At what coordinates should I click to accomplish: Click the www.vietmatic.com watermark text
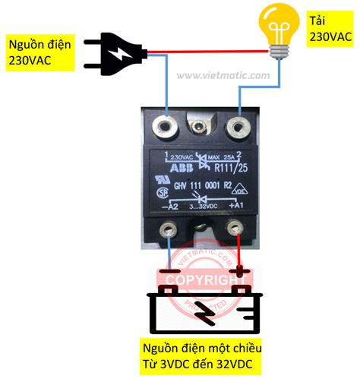(x=223, y=75)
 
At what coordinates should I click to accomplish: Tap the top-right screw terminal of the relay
(x=239, y=123)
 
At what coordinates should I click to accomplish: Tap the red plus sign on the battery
(x=240, y=270)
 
